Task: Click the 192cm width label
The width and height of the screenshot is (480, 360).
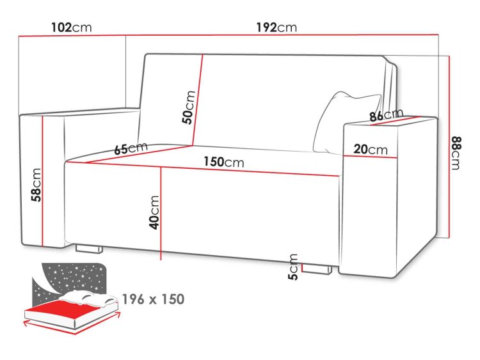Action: point(276,27)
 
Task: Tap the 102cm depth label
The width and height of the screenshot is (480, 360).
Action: point(71,27)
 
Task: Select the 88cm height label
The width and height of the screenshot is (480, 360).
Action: point(456,153)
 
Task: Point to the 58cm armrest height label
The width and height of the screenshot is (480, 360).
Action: point(36,185)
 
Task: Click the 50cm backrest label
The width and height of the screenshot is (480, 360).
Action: point(189,107)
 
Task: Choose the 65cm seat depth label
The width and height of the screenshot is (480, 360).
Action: point(131,148)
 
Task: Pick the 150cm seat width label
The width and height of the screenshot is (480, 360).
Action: point(224,162)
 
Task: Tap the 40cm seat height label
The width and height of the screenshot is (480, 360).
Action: point(154,212)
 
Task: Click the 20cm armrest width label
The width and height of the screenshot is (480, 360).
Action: point(371,150)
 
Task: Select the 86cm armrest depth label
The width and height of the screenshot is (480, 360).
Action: point(387,114)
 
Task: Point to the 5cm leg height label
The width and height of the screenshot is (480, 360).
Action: point(293,267)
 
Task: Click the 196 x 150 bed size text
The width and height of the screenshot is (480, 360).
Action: point(154,299)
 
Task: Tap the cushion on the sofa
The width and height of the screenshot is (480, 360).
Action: point(346,122)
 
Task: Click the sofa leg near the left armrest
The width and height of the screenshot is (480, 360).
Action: point(88,249)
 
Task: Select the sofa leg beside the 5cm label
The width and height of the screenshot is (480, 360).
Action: point(317,269)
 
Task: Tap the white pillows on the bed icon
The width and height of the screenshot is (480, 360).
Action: point(87,298)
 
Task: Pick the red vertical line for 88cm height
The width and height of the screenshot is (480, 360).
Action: point(449,147)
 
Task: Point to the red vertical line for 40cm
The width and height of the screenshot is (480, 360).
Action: point(161,213)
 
